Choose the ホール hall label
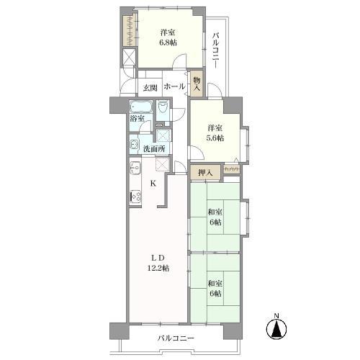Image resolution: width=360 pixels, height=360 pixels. coord(174,87)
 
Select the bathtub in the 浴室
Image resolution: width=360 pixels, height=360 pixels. coord(140,109)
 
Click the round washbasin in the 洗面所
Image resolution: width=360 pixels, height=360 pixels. coord(135,144)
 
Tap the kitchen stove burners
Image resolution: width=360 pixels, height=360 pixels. coord(134,194)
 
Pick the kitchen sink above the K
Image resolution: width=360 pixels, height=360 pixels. coord(134,171)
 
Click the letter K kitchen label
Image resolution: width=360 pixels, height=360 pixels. coord(153,183)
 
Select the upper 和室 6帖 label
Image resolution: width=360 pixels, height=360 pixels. coord(215,216)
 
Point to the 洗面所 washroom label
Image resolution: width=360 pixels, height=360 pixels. coord(153,149)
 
